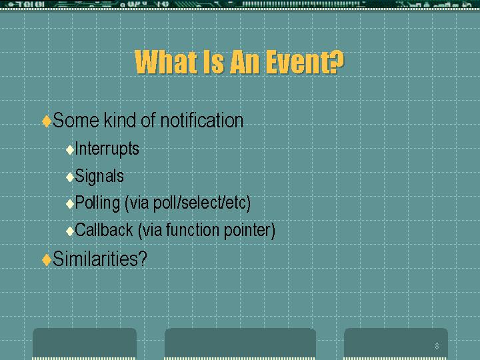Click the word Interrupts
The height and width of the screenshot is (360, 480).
pos(107,149)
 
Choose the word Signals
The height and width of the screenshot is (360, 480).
pos(99,176)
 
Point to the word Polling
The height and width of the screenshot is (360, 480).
pos(97,203)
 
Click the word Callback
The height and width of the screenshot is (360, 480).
pos(104,230)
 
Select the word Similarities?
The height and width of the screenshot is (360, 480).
pos(100,259)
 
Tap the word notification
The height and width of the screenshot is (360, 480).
pos(202,120)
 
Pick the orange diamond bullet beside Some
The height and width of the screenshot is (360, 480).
pos(47,121)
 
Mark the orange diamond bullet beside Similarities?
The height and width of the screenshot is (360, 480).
pos(47,260)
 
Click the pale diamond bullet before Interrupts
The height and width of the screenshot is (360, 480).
pos(70,150)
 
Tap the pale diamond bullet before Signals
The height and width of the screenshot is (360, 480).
pos(70,177)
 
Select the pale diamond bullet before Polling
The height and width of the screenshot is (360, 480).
pos(70,204)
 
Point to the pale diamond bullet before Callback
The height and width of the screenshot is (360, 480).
pos(70,231)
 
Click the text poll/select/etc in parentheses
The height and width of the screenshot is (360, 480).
pos(200,203)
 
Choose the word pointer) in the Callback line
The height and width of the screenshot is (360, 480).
pos(249,230)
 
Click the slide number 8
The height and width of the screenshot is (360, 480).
pos(437,346)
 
